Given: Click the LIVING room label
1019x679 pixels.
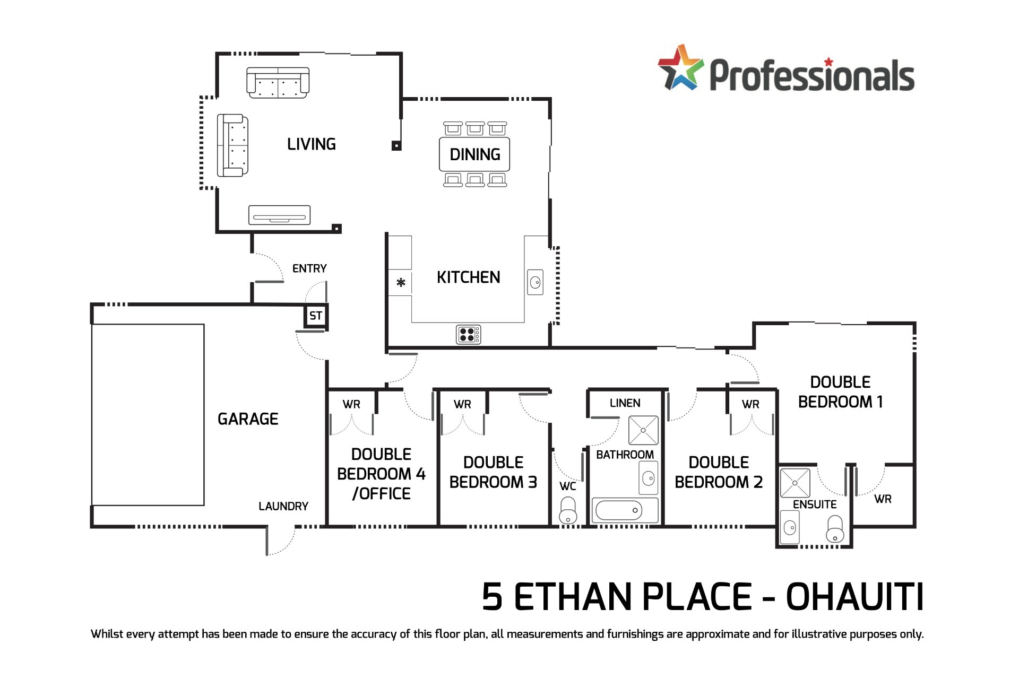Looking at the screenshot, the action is (312, 144).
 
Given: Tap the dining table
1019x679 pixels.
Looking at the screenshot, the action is (474, 154).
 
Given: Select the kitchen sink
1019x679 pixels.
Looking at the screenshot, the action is (535, 282).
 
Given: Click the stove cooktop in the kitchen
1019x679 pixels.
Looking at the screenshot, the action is (468, 334).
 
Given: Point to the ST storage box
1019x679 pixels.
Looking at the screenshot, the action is (316, 316).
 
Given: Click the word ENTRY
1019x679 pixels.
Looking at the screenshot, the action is (309, 268).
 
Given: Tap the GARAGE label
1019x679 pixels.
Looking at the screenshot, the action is (248, 419).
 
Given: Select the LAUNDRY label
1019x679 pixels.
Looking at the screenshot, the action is (283, 506).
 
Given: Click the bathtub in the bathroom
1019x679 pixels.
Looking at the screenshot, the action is (619, 510).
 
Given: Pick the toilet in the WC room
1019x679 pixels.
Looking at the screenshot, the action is (568, 510).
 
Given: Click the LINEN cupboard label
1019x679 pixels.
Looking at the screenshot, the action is (625, 403).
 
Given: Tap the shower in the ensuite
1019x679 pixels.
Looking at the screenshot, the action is (795, 483).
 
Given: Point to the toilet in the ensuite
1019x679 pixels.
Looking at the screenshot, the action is (835, 528).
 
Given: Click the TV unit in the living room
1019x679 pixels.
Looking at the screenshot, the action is (279, 215).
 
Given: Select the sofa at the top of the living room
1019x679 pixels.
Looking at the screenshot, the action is (278, 83).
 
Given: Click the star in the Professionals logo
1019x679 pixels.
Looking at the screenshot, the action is (680, 68).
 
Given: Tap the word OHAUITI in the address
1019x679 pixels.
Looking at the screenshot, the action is (854, 597).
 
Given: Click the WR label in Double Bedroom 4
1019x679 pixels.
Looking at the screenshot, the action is (351, 404).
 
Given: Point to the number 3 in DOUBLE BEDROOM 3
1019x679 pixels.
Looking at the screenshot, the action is (532, 482).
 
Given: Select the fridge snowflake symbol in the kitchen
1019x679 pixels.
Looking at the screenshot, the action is (401, 282).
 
